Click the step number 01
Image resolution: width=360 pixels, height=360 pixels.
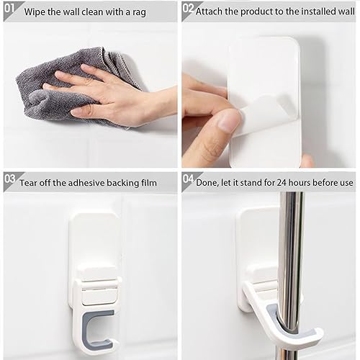coord(9,8)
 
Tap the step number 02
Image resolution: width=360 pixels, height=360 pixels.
coord(188,8)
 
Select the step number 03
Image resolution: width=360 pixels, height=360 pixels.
coord(10,179)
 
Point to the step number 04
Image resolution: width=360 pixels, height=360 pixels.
coord(188,179)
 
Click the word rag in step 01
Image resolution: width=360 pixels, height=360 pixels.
coord(139,12)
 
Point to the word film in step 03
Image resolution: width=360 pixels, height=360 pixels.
coord(149,183)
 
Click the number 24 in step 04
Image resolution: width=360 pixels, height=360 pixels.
coord(282,183)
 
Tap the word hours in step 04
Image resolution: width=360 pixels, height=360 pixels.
coord(300,183)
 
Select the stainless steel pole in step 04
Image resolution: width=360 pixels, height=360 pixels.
coord(291,276)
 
